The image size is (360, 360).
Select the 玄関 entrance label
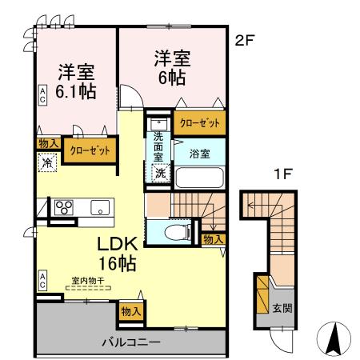(x=281, y=309)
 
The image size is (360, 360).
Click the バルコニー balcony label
(x=130, y=342)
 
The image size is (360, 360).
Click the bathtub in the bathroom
(x=199, y=177)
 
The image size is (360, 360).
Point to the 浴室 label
(x=200, y=150)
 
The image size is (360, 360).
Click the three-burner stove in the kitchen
(x=63, y=208)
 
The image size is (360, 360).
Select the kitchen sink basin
(x=100, y=207)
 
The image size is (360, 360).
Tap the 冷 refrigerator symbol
(x=46, y=160)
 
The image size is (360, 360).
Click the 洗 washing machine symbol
(x=160, y=174)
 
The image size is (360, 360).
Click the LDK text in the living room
(x=117, y=243)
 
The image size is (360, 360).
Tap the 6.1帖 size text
(x=76, y=90)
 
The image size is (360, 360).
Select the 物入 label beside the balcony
(x=131, y=311)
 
